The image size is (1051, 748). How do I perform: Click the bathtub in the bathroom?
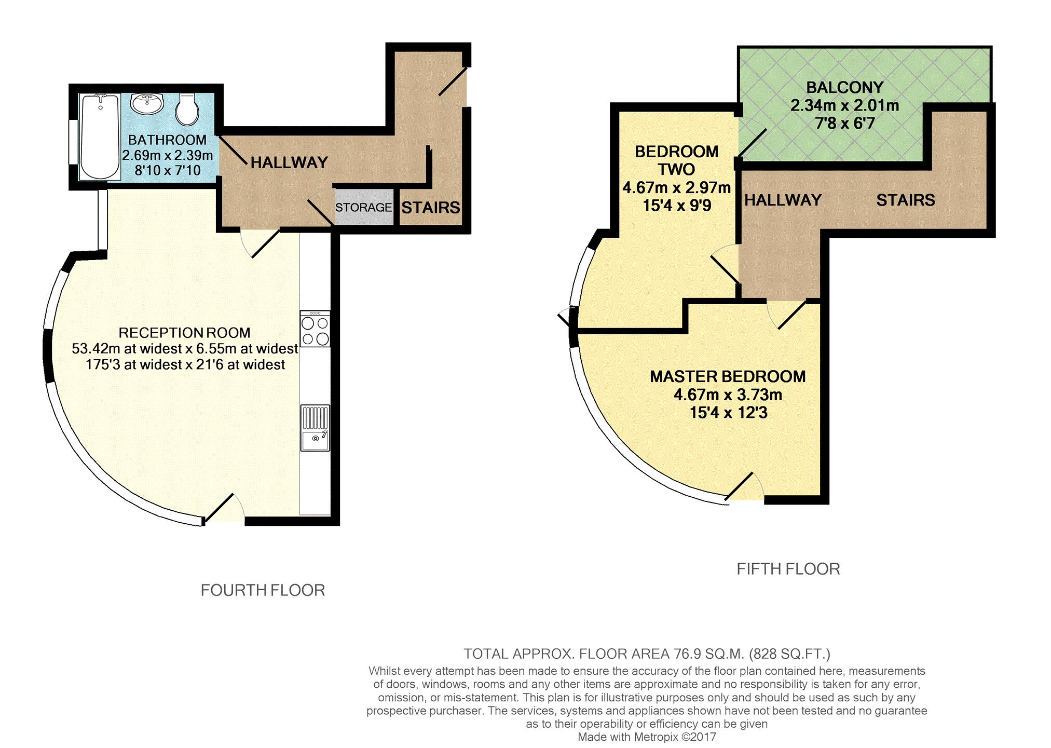coord(101,137)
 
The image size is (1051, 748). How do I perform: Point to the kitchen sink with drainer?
coord(315,428)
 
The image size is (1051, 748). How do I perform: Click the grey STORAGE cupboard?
coord(364,207)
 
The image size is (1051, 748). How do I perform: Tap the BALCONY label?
coord(844,87)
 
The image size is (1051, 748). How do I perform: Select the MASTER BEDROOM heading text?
coord(728,376)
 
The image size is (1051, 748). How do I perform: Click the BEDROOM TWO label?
coord(676,160)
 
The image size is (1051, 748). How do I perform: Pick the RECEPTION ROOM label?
coord(184,333)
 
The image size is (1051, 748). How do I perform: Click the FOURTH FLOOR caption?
coord(263,590)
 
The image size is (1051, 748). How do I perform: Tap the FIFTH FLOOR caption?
coord(788,569)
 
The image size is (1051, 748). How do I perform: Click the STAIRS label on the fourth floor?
coord(431,208)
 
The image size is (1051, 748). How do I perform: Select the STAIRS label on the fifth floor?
coord(906,200)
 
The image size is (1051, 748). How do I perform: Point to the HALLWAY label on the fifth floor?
coord(783,200)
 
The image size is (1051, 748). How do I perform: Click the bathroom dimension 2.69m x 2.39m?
coord(167,155)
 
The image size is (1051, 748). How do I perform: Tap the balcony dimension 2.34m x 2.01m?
coord(844,105)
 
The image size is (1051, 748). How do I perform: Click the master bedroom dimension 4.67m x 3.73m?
coord(728,395)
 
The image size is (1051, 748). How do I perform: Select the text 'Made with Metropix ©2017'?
coord(647,737)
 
